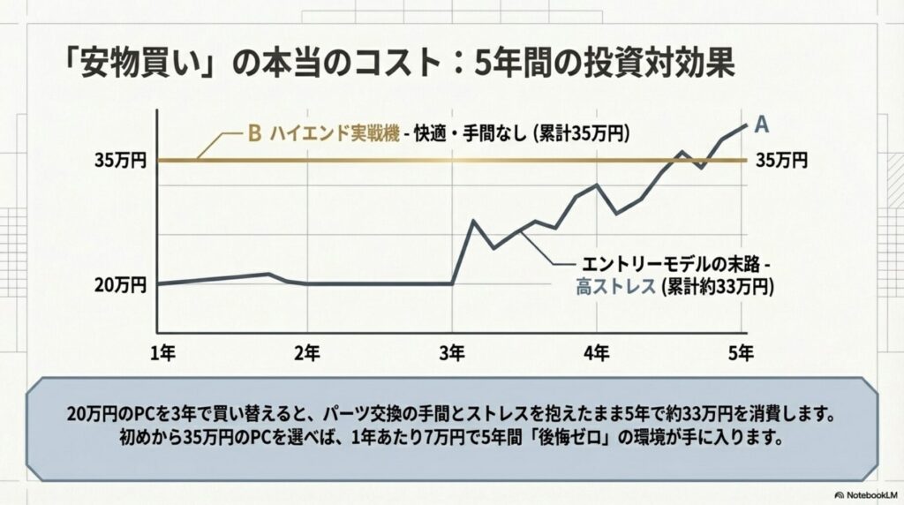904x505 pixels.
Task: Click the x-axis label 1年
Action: [164, 352]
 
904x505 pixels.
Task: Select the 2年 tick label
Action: [306, 352]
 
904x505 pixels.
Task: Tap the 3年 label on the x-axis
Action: [451, 352]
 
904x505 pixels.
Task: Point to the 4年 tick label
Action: [596, 352]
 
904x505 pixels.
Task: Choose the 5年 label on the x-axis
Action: [741, 352]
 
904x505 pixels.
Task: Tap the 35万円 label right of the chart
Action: [782, 161]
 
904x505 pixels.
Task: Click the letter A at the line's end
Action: [762, 122]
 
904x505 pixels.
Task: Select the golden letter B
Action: [254, 134]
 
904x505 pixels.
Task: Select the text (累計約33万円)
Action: [716, 286]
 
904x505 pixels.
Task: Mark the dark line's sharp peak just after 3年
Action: [473, 220]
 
